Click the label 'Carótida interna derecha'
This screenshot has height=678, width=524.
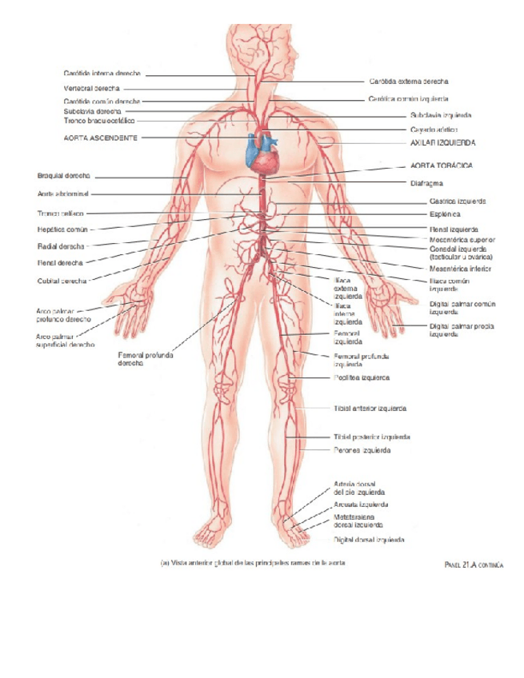[x=102, y=75]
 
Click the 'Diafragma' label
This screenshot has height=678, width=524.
[x=426, y=182]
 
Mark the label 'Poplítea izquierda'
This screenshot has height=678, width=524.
[x=361, y=377]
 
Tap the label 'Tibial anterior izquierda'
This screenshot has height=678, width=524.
[x=370, y=409]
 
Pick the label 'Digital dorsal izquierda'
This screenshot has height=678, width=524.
[x=369, y=540]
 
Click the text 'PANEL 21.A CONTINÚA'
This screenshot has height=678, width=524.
[x=473, y=565]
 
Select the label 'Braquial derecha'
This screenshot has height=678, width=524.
[x=63, y=176]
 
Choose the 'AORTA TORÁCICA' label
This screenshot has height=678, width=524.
[x=441, y=165]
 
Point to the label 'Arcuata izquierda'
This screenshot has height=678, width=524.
[x=361, y=505]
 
